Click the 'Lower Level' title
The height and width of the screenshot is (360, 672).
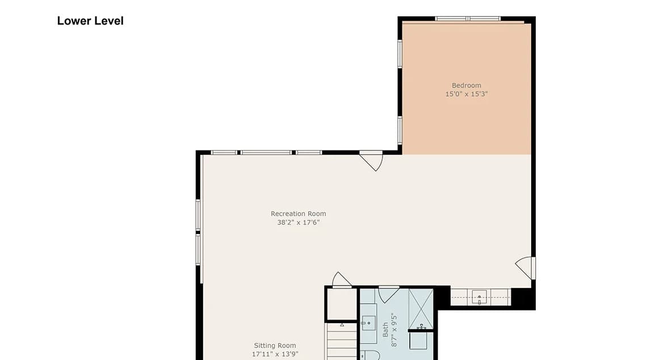(90, 21)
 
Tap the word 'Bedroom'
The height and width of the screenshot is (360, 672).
(467, 85)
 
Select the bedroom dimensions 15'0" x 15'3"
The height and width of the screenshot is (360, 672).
(467, 94)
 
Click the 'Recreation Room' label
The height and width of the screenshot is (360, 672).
(299, 214)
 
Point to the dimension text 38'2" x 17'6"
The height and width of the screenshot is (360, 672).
(299, 222)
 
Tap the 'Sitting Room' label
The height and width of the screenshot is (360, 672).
(275, 345)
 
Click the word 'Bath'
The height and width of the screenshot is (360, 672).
(385, 330)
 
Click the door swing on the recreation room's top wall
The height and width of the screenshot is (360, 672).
(371, 160)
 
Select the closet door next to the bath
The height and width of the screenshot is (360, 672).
(342, 280)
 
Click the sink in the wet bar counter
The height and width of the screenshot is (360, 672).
(479, 296)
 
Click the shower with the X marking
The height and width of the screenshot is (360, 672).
(421, 308)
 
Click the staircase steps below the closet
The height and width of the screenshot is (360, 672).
(342, 342)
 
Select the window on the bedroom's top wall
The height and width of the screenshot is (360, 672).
(468, 18)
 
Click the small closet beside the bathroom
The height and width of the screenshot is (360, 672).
(342, 304)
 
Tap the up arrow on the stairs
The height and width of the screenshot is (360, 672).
(342, 325)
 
